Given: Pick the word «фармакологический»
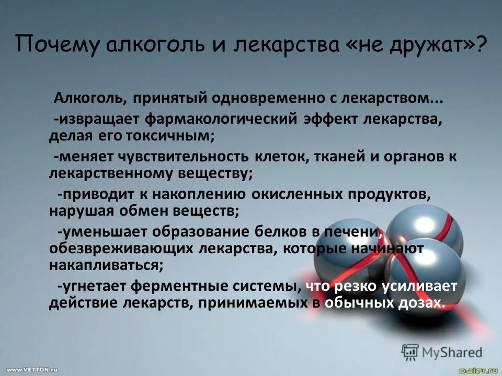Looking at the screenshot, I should tap(222, 118).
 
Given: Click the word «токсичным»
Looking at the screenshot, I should tap(169, 137).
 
